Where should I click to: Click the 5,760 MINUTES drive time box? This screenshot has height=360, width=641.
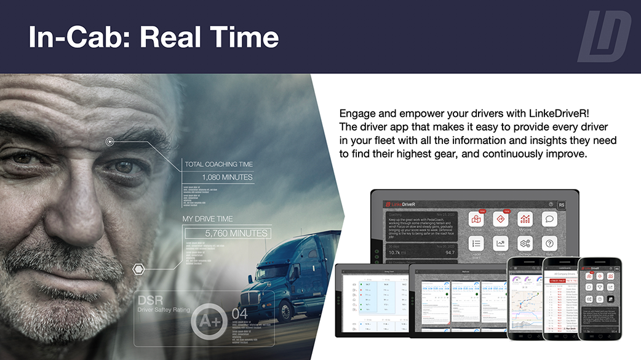[x=227, y=233]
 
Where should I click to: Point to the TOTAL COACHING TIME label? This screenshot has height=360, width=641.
[x=218, y=164]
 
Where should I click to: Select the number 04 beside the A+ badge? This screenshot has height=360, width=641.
[x=239, y=314]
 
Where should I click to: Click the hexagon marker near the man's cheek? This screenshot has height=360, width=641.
[x=138, y=269]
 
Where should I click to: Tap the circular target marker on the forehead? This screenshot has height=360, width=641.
[x=109, y=142]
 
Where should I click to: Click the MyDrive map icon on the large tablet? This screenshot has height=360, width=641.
[x=477, y=220]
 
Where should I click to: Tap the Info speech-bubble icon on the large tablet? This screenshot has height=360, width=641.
[x=549, y=220]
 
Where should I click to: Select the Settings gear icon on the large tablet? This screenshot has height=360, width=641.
[x=525, y=244]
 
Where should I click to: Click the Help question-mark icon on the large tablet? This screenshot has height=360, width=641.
[x=549, y=244]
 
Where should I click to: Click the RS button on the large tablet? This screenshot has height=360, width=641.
[x=561, y=205]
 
